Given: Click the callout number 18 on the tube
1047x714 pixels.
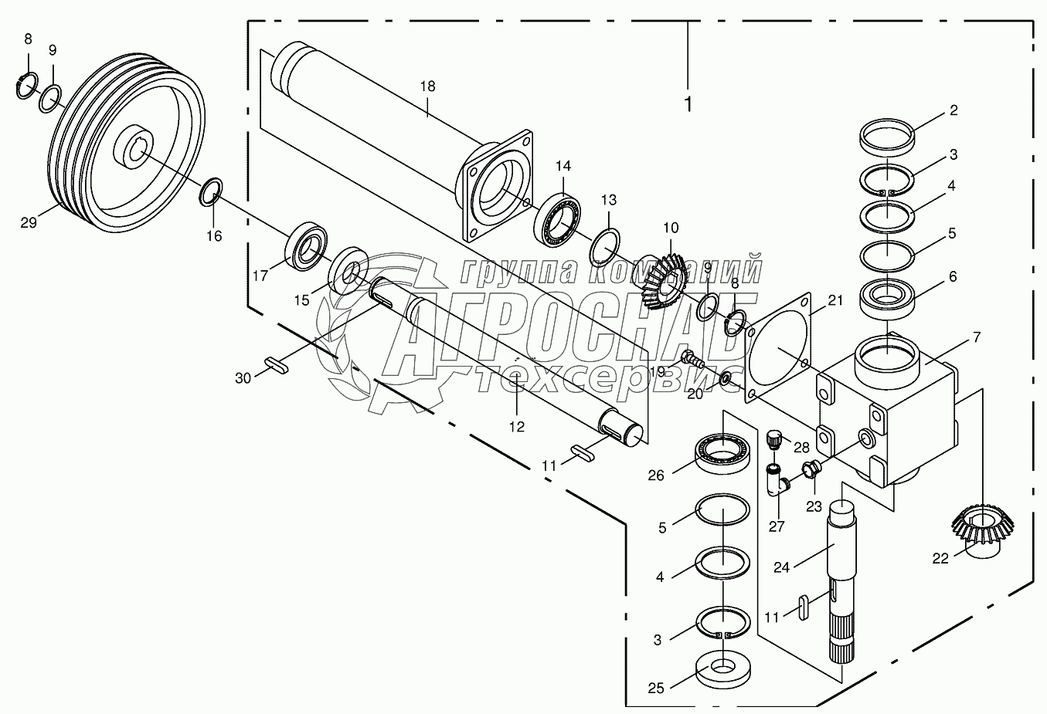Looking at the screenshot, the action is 427,86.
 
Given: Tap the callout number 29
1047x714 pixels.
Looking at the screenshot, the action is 29,223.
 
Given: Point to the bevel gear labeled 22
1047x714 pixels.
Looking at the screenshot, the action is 983,530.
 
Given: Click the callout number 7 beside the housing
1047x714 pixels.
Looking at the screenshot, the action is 977,337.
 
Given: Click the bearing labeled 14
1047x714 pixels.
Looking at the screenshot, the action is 557,222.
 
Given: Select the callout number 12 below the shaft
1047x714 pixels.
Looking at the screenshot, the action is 517,427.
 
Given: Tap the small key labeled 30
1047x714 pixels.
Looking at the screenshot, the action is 277,365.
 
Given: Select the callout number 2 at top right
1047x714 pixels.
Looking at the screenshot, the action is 954,110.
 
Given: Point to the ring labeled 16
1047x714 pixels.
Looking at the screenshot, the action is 211,191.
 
